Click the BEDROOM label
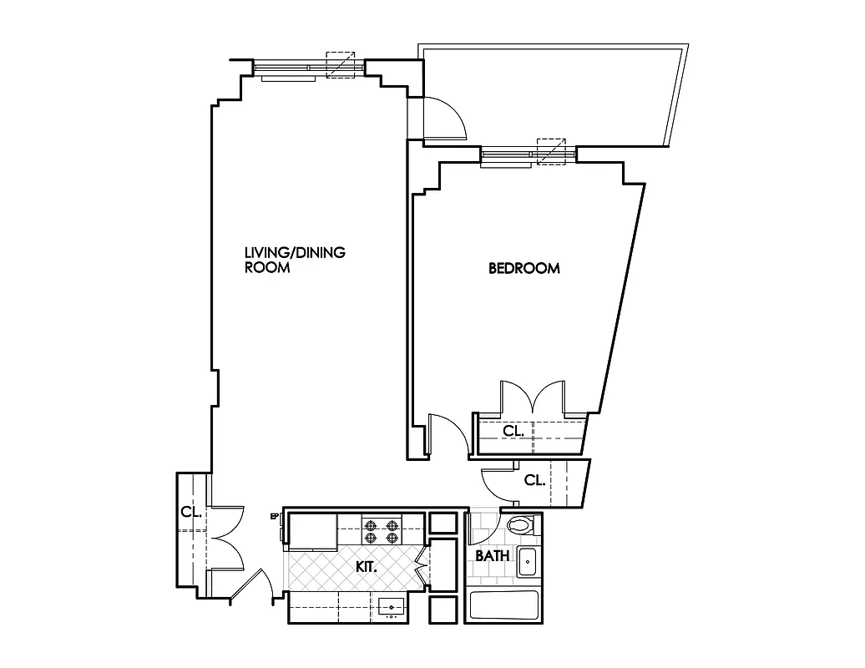pyautogui.click(x=524, y=269)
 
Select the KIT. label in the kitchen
pyautogui.click(x=367, y=567)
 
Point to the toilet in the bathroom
pyautogui.click(x=521, y=527)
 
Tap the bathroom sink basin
pyautogui.click(x=529, y=562)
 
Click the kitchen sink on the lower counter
pyautogui.click(x=391, y=606)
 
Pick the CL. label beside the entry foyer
pyautogui.click(x=191, y=513)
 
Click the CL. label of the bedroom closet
pyautogui.click(x=513, y=432)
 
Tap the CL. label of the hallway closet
pyautogui.click(x=534, y=481)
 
